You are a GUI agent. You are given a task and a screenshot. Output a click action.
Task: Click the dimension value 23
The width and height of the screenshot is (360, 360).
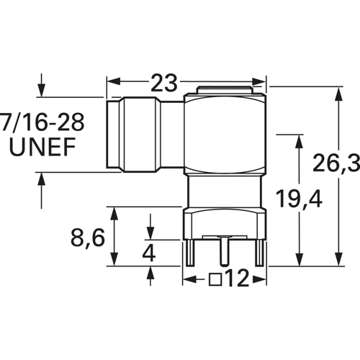(x=164, y=83)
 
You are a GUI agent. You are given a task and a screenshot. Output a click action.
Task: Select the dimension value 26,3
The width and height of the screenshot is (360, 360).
(x=336, y=163)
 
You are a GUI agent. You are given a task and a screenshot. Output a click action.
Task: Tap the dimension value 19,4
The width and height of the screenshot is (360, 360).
(x=299, y=198)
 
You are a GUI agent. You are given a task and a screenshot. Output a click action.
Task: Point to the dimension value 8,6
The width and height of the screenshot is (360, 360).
(x=88, y=238)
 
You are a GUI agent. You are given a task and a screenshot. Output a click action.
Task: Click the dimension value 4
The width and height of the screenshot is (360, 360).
(x=149, y=253)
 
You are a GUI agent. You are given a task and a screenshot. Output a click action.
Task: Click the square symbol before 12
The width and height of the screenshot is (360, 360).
(x=215, y=279)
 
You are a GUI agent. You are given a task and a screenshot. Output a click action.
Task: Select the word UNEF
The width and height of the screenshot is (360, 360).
(x=42, y=147)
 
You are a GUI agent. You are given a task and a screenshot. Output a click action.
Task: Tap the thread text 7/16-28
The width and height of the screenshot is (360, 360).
(x=42, y=122)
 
